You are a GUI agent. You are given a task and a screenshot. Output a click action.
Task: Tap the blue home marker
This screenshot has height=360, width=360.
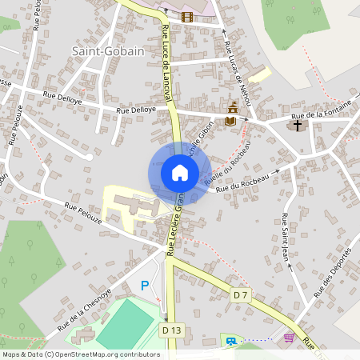coord(179,173)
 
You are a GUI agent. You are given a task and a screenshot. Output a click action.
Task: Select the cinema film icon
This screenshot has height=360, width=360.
coord(187,16)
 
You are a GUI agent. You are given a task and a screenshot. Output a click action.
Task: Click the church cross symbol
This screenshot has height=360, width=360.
coord(297,125)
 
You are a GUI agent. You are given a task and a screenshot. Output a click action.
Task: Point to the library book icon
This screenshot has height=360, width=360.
coord(231,121)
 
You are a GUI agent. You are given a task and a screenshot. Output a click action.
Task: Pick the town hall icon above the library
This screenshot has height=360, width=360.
coord(233,108)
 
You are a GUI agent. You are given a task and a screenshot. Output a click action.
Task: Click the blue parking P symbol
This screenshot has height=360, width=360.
coord(145,285)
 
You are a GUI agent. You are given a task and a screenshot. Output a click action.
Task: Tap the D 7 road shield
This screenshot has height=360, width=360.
coord(241,295)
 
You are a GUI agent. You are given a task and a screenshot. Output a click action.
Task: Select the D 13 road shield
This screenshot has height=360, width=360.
coord(170,330)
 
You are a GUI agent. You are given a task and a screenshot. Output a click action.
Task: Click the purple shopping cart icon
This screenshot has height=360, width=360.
coord(288,338)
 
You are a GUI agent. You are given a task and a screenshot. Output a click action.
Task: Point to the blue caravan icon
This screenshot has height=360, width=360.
coord(231,341)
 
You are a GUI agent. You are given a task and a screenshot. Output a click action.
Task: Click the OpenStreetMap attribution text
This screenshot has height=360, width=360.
coord(81,354)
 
